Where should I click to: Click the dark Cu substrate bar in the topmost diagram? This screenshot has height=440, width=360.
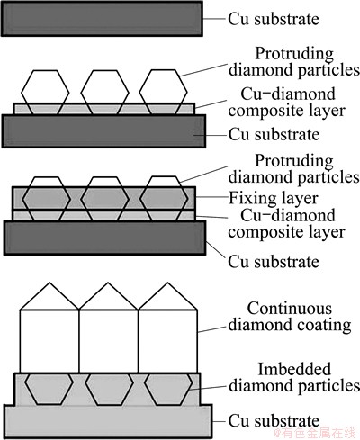click(102, 19)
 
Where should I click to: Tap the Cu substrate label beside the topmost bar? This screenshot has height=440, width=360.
click(274, 19)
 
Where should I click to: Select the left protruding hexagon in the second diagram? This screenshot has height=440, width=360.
click(45, 92)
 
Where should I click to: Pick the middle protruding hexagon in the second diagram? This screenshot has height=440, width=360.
click(104, 92)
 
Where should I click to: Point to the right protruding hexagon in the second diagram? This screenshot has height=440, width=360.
click(164, 92)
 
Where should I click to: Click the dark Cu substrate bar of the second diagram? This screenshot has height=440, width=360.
click(103, 131)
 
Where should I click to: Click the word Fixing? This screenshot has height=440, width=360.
click(247, 199)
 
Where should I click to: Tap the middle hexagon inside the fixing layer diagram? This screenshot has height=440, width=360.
click(104, 199)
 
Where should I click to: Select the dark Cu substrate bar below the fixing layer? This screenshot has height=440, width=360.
click(104, 238)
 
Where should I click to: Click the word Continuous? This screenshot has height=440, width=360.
click(285, 309)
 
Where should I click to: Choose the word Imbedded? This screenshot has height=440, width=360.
click(294, 369)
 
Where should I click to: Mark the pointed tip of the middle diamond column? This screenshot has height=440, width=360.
click(109, 283)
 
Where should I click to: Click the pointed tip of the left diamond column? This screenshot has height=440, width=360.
click(49, 283)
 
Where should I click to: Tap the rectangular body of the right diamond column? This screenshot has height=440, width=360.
click(167, 341)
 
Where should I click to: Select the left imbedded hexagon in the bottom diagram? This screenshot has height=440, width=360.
click(49, 389)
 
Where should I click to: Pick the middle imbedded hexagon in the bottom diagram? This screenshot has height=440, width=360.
click(109, 389)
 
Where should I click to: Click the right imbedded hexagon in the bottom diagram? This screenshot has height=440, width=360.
click(169, 389)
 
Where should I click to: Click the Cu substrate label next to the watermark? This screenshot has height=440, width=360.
click(274, 420)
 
